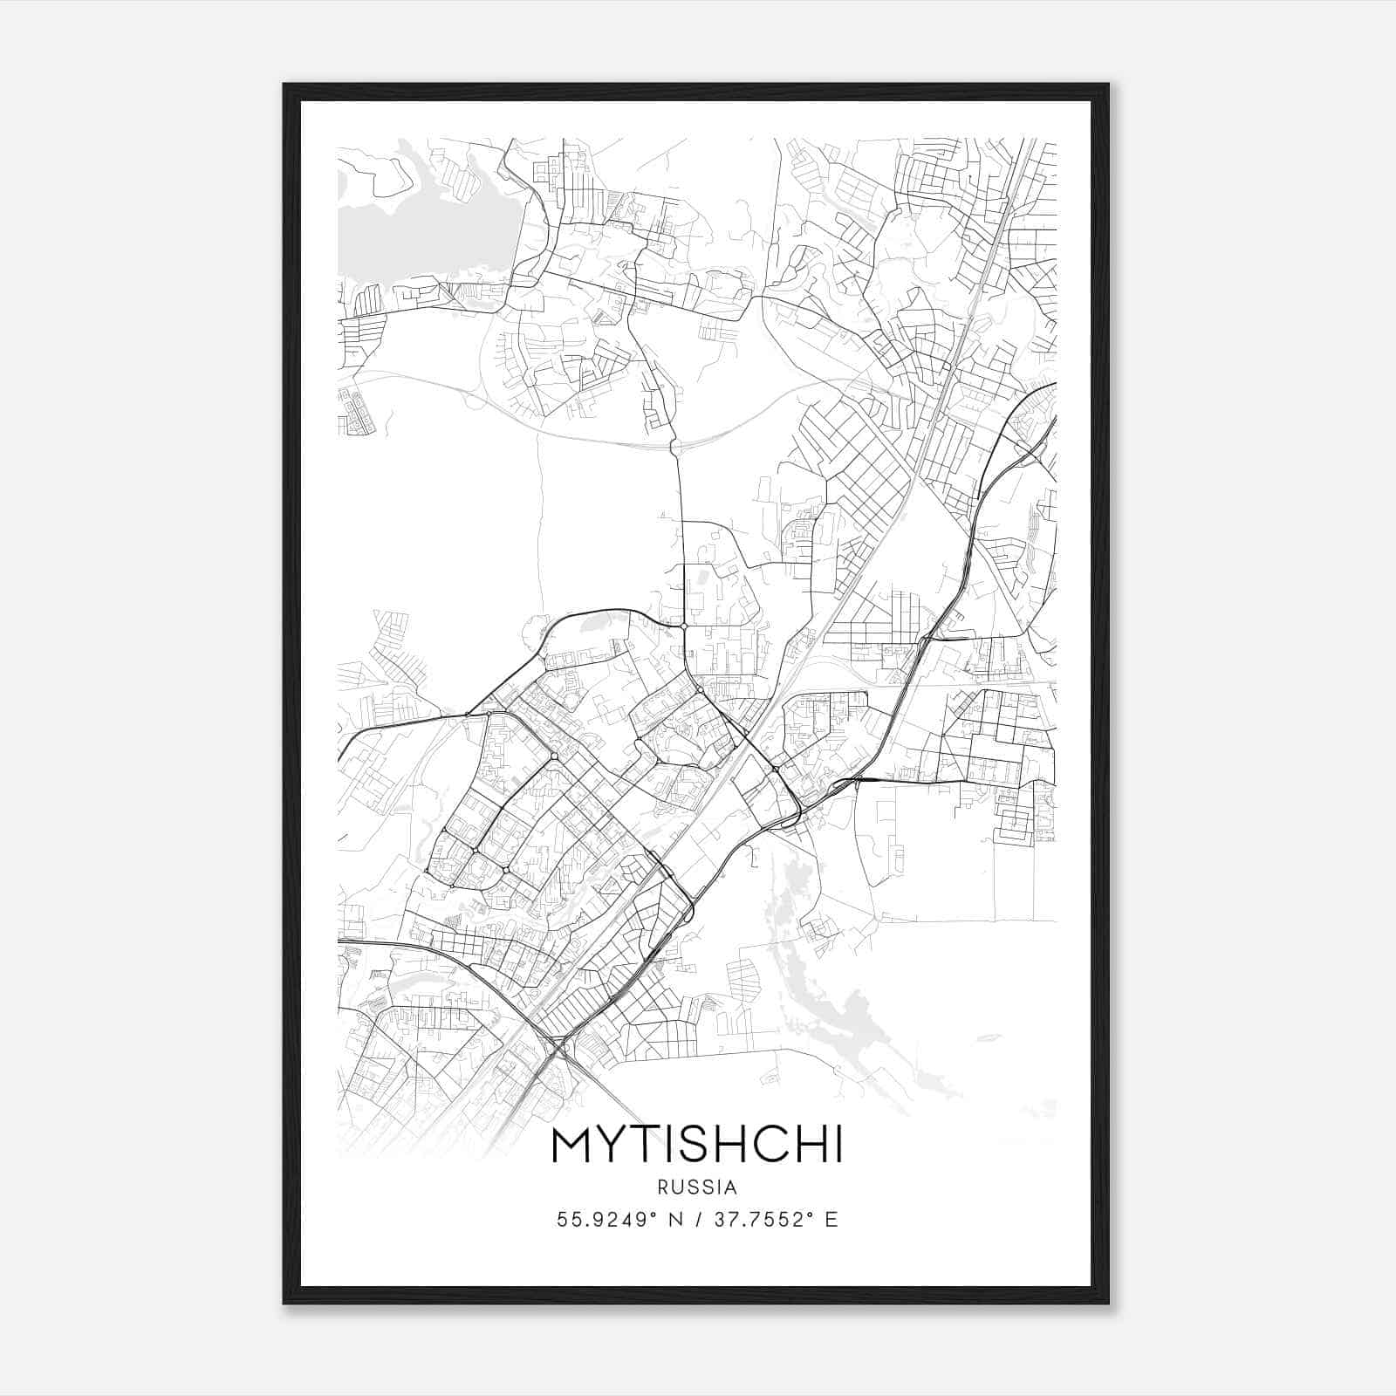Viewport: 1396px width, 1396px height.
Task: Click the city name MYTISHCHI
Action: tap(697, 1146)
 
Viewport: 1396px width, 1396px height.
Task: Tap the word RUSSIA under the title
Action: tap(697, 1187)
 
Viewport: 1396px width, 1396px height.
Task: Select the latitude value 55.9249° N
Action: tap(616, 1219)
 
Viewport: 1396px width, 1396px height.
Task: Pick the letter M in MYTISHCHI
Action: tap(572, 1146)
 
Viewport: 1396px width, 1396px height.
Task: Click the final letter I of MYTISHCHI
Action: tap(838, 1146)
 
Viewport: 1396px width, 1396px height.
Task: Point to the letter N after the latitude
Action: tap(675, 1219)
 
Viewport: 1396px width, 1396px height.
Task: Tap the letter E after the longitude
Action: tap(831, 1219)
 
